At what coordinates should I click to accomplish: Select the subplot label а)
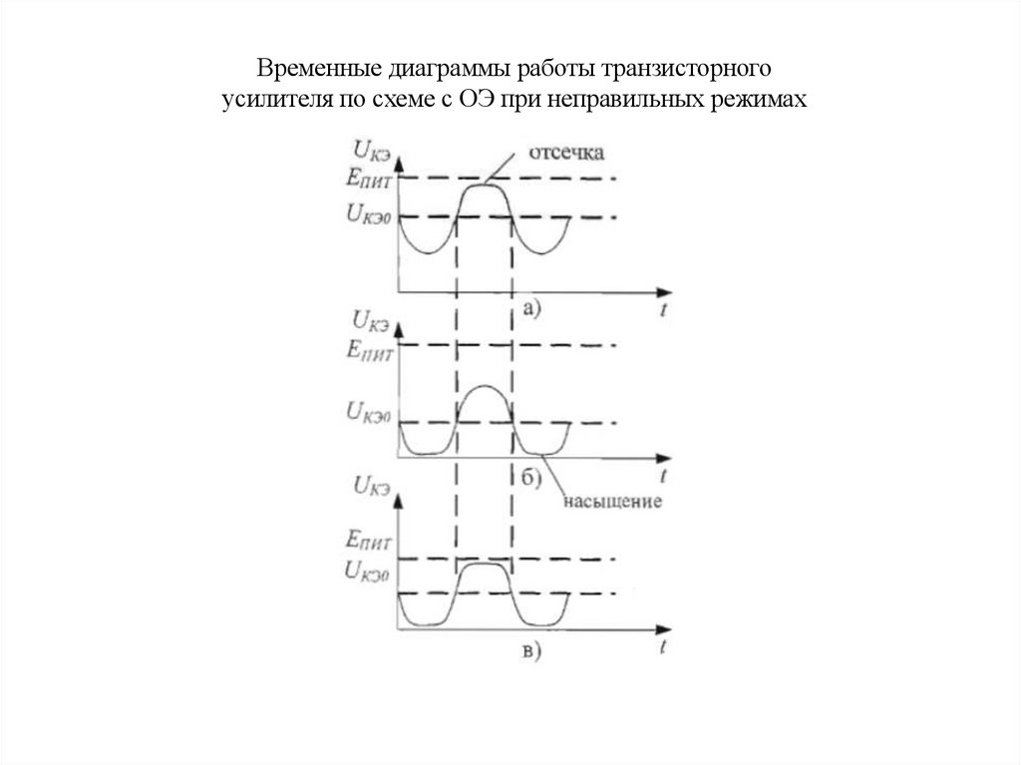pos(530,309)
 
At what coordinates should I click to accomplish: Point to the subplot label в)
pos(529,651)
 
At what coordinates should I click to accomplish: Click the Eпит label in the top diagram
pos(369,181)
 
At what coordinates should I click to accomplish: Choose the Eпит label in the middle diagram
pos(369,349)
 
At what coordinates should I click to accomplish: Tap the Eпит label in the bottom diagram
pos(369,543)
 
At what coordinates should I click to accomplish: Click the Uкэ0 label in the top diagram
pos(368,213)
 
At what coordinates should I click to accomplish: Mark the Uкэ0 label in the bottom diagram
pos(368,572)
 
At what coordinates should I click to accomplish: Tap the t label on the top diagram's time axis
pos(663,311)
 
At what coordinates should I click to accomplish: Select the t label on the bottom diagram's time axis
pos(663,646)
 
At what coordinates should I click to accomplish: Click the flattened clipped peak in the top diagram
pos(484,184)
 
